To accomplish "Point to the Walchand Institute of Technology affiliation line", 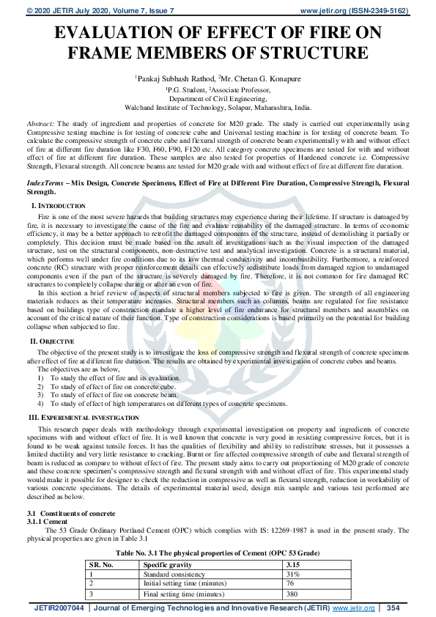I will (x=218, y=106).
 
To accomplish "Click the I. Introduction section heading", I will (x=58, y=207).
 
